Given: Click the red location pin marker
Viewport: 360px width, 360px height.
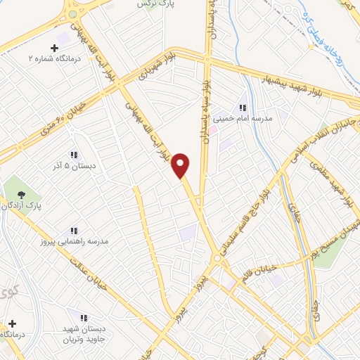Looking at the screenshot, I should point(181,164).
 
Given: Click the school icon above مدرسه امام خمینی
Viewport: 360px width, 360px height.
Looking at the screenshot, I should point(242,108).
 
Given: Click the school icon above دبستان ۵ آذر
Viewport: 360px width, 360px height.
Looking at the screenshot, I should point(73,155).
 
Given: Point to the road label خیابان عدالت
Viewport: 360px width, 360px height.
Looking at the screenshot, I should point(91,276).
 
